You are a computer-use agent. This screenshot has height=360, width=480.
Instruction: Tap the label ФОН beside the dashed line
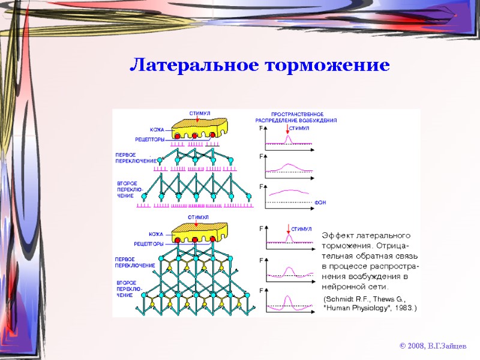(x=320, y=203)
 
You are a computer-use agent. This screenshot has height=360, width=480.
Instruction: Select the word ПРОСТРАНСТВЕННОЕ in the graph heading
(x=298, y=115)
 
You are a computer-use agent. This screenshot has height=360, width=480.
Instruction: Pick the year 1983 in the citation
(x=401, y=308)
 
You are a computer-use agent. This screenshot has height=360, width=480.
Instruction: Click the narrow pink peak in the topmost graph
(x=287, y=138)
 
